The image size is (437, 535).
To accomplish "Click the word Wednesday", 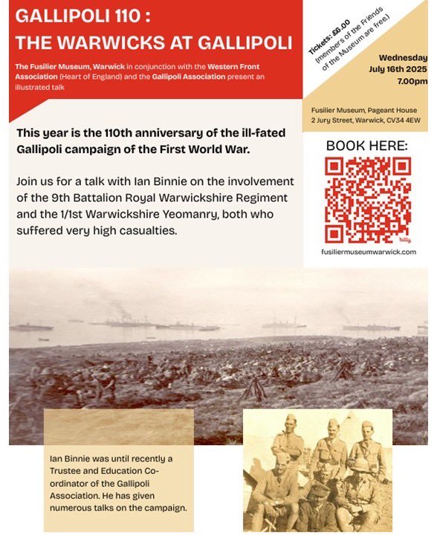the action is click(x=402, y=58).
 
